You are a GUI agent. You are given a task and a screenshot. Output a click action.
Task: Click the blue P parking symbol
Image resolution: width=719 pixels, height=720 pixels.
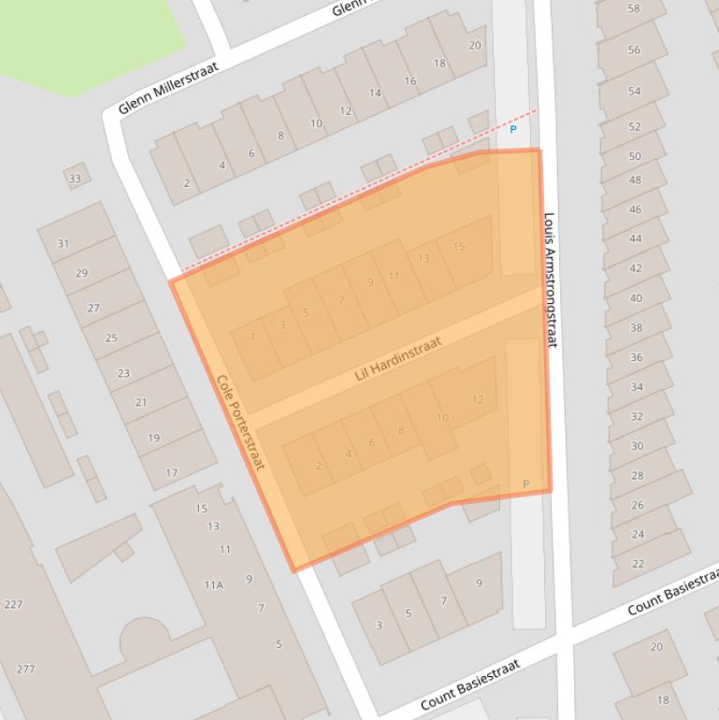pos(512,130)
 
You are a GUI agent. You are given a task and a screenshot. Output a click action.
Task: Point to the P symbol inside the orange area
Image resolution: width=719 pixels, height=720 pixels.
pos(525,483)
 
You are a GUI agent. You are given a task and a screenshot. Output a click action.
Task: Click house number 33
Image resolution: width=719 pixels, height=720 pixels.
pos(75,179)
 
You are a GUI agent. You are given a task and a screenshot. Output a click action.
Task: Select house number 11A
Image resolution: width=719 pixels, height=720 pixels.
pos(213,585)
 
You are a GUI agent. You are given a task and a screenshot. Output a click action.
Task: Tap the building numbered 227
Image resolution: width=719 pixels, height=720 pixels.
pos(13,605)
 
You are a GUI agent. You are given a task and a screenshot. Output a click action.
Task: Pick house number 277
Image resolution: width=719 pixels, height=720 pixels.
pos(25,670)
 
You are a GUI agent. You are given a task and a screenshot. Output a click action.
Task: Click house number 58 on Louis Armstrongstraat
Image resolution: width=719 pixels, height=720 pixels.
pos(634,8)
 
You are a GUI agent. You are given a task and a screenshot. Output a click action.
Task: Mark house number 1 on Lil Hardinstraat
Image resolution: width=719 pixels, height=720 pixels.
pos(253,337)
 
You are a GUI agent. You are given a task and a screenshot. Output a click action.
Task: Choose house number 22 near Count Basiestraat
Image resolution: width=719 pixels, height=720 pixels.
pos(638,564)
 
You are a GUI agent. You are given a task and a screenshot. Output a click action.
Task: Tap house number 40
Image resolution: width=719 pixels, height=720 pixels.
pos(636,298)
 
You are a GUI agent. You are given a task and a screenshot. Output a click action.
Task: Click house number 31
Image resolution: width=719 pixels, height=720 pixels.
pos(63,243)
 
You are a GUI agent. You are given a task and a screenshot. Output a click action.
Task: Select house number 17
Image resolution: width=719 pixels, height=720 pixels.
pos(171,473)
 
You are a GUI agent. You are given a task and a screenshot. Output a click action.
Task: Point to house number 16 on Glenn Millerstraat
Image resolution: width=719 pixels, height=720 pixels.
pos(410,81)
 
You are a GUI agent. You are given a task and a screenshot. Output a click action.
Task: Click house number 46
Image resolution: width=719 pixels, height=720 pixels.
pos(636,209)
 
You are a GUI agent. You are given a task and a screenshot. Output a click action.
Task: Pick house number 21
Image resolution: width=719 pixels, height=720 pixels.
pos(141,403)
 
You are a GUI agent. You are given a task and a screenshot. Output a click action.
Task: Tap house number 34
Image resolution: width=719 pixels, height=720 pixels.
pos(637,387)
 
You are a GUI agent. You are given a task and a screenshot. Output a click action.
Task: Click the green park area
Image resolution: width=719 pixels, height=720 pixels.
pos(84,37)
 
